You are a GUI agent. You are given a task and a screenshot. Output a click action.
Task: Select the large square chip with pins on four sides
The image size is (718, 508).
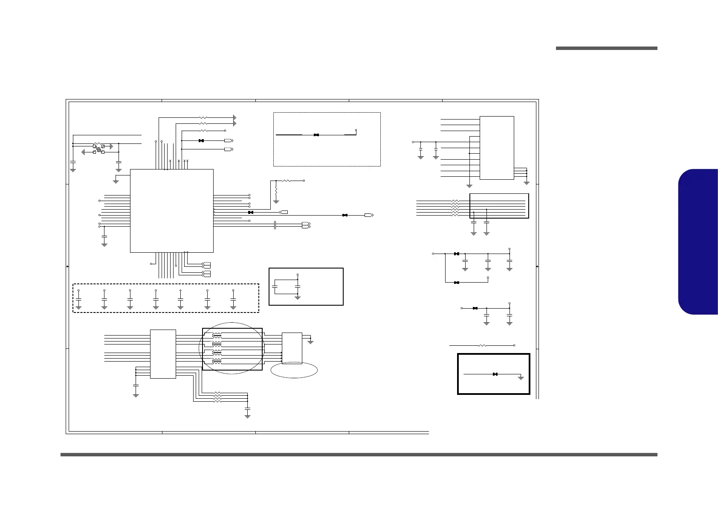(x=171, y=210)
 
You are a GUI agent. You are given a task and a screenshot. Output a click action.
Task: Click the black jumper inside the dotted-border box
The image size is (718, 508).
(x=316, y=135)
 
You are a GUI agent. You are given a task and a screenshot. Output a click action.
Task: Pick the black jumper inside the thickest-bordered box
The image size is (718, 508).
(x=495, y=374)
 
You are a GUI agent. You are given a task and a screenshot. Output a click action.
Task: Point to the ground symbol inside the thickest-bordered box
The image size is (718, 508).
(x=521, y=378)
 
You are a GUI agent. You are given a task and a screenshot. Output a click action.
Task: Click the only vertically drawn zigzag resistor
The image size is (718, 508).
(x=276, y=189)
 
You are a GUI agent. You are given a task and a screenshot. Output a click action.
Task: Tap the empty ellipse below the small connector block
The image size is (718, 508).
(x=294, y=371)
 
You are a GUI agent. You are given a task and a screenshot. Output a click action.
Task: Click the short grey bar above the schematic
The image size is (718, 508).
(x=606, y=48)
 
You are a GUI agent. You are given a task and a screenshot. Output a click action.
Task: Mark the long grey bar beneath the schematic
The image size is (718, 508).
(x=359, y=455)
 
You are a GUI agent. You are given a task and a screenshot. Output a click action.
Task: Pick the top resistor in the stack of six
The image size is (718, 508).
(x=455, y=200)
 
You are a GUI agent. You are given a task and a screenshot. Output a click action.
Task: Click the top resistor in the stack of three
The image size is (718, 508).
(x=217, y=393)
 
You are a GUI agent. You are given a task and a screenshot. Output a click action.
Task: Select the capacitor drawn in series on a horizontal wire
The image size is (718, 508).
(x=276, y=225)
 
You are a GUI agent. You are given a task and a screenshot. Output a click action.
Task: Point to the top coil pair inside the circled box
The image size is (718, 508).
(x=217, y=335)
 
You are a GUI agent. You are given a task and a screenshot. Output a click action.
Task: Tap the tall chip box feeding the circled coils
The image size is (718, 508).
(x=163, y=353)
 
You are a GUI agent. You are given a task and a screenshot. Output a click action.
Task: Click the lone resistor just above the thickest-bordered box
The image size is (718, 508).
(x=483, y=345)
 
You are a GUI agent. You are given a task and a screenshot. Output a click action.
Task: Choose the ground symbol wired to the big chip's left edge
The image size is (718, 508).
(x=116, y=181)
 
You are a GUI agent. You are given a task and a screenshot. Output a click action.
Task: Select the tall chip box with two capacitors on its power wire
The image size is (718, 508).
(x=497, y=148)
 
